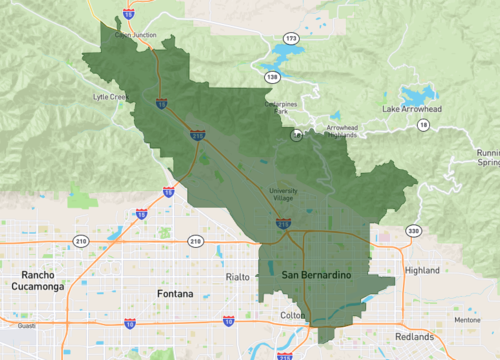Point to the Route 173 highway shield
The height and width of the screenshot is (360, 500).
click(x=291, y=38)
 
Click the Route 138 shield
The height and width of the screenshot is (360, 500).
click(x=272, y=77)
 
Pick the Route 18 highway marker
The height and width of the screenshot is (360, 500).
click(x=423, y=124)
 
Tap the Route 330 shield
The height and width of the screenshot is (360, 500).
click(x=412, y=231)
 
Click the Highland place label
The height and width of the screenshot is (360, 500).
click(x=422, y=270)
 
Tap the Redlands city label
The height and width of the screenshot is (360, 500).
click(x=415, y=336)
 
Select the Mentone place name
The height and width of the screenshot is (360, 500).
click(x=467, y=320)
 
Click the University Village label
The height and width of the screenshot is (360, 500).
click(x=284, y=196)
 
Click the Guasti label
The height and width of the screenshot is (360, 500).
click(x=26, y=325)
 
